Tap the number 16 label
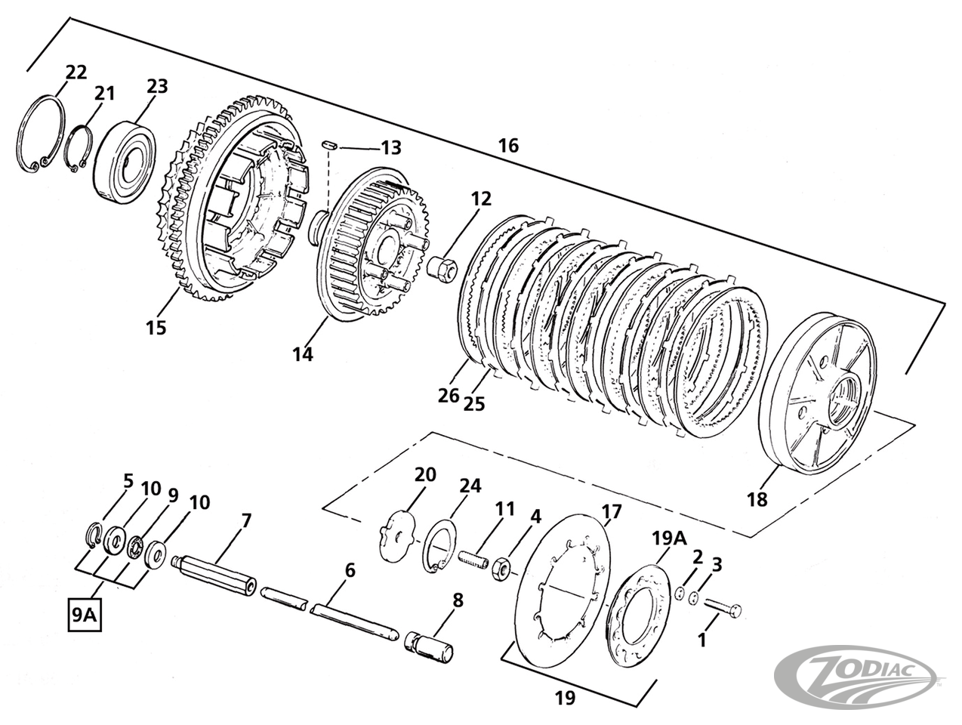pyautogui.click(x=508, y=145)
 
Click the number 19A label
pyautogui.click(x=669, y=538)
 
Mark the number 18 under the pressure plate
pyautogui.click(x=757, y=499)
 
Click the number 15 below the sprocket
pyautogui.click(x=156, y=328)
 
